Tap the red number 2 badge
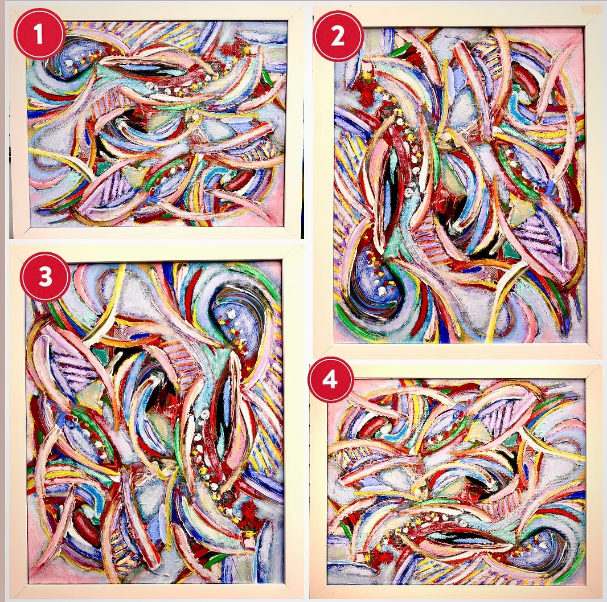tap(338, 36)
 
